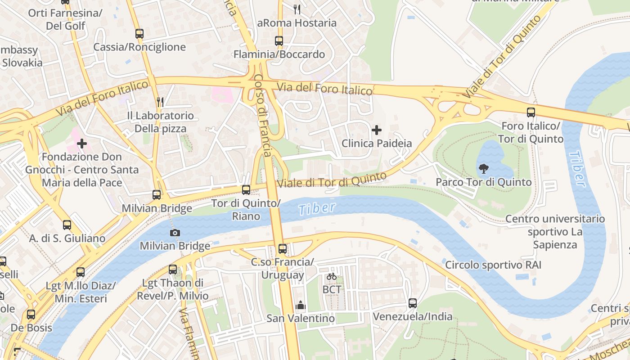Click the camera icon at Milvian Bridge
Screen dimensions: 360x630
[175, 233]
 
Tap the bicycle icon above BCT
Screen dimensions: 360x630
[332, 276]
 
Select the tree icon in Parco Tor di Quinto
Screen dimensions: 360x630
[484, 169]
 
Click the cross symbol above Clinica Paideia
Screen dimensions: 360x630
[377, 130]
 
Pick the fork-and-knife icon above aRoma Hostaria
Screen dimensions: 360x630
[297, 9]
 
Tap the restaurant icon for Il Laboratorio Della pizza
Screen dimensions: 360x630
[160, 102]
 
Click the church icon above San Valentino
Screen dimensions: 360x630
[301, 306]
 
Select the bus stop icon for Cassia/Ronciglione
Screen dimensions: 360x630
[139, 34]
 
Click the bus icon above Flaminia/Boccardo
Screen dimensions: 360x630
[279, 41]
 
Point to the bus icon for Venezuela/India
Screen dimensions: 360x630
[413, 303]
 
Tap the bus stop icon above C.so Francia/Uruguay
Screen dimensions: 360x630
[282, 249]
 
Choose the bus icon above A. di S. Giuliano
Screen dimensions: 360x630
[67, 225]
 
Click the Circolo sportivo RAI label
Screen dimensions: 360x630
[493, 265]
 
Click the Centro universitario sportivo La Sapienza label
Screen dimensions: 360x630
[555, 232]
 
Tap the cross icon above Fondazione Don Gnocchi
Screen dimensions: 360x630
[82, 144]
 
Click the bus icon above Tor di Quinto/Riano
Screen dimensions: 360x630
[246, 190]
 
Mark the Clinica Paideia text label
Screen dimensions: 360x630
[377, 144]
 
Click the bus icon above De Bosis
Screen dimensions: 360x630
[31, 315]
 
